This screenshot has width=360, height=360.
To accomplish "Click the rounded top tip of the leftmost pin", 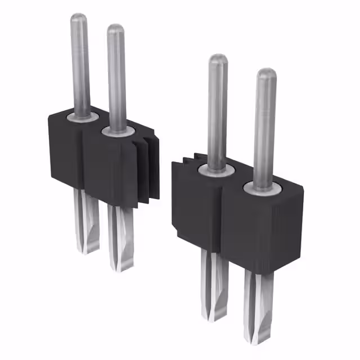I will tap(78, 17).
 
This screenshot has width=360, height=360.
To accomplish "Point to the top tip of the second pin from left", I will tap(115, 28).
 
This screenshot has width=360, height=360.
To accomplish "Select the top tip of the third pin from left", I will tap(218, 58).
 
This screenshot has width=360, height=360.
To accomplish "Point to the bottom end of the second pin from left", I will tap(121, 268).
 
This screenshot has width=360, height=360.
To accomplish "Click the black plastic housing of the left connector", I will tap(65, 152).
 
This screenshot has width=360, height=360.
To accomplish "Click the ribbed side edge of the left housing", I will tap(148, 169).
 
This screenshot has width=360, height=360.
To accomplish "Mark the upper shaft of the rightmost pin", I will tap(264, 129).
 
